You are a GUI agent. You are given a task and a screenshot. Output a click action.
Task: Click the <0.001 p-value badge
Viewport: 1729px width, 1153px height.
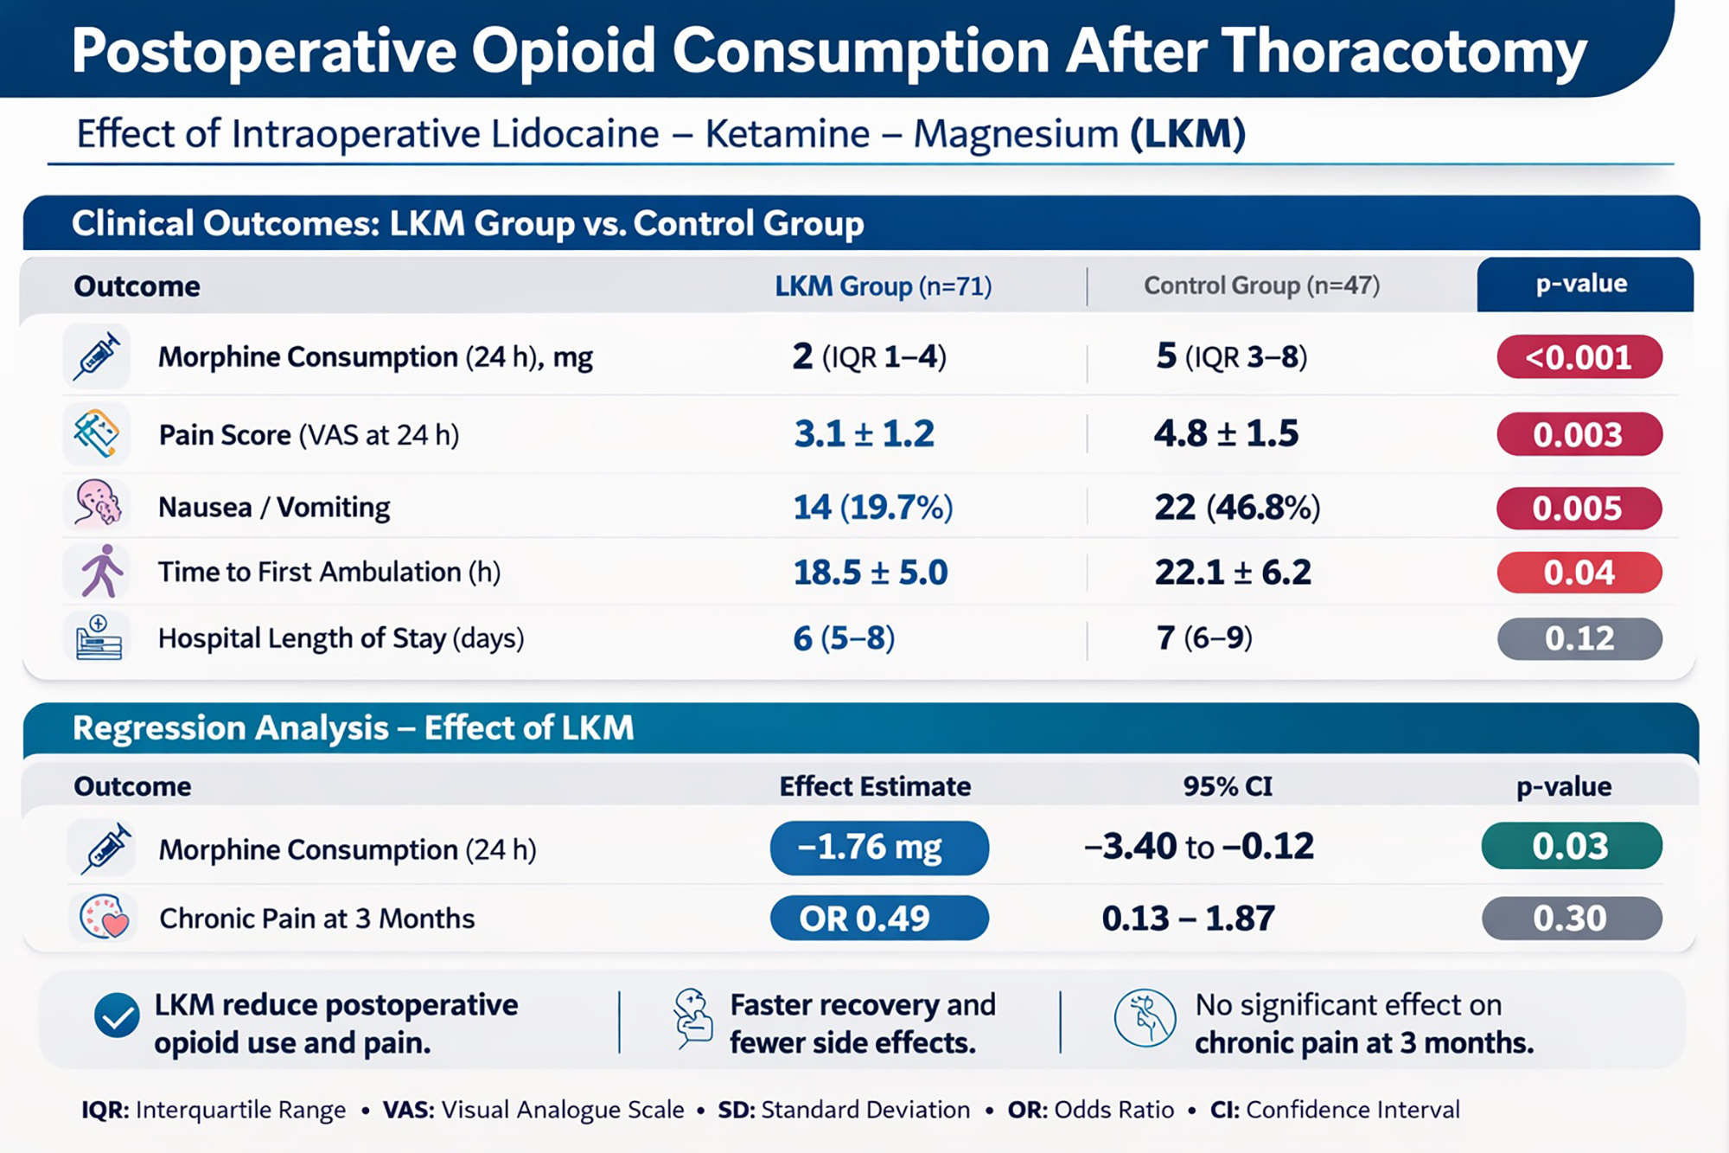pyautogui.click(x=1579, y=357)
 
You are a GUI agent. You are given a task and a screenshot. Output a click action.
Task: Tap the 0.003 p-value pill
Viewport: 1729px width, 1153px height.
pyautogui.click(x=1579, y=434)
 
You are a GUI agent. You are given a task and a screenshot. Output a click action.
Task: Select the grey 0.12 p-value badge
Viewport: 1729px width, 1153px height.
pyautogui.click(x=1579, y=638)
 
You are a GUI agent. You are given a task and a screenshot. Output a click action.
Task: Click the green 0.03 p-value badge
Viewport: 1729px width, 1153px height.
pyautogui.click(x=1572, y=845)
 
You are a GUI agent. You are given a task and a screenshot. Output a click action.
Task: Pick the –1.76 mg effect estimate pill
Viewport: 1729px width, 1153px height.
pyautogui.click(x=879, y=847)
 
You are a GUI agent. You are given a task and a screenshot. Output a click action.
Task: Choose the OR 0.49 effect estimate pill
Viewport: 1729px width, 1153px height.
pyautogui.click(x=879, y=918)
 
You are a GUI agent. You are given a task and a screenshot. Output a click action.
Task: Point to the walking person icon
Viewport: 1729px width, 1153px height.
pyautogui.click(x=101, y=571)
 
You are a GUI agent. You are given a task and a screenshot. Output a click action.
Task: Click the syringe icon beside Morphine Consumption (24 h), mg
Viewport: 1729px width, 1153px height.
pyautogui.click(x=96, y=356)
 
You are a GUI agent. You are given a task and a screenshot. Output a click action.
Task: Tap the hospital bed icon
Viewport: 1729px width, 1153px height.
pyautogui.click(x=99, y=638)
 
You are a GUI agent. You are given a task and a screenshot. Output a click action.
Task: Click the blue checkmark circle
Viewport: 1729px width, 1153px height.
pyautogui.click(x=117, y=1015)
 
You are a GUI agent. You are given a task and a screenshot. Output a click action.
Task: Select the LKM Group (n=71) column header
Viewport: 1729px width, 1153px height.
pyautogui.click(x=883, y=286)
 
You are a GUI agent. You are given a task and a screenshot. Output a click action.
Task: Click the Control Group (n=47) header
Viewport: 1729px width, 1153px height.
pyautogui.click(x=1261, y=285)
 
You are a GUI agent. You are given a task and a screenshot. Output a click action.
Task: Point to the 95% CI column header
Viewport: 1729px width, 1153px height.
pyautogui.click(x=1228, y=786)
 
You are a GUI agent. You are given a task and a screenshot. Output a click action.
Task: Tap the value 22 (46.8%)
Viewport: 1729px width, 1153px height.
pyautogui.click(x=1237, y=508)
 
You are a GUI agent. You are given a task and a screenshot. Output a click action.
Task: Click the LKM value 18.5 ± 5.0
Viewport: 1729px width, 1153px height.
pyautogui.click(x=871, y=573)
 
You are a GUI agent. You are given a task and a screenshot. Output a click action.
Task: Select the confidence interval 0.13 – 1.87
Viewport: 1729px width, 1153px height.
pyautogui.click(x=1188, y=919)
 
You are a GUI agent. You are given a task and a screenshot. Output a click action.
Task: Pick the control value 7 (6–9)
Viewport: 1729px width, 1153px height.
pyautogui.click(x=1204, y=638)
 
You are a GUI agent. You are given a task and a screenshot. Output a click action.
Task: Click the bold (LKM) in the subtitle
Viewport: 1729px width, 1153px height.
pyautogui.click(x=1188, y=134)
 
